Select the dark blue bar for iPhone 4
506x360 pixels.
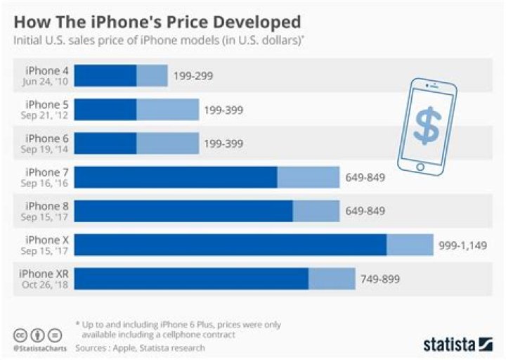pyautogui.click(x=105, y=76)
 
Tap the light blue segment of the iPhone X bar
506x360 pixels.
pyautogui.click(x=410, y=245)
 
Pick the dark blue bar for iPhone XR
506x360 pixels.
pyautogui.click(x=191, y=278)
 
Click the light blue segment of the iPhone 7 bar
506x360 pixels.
pyautogui.click(x=309, y=177)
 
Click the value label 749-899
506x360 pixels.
pyautogui.click(x=380, y=279)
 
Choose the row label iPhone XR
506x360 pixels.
pyautogui.click(x=43, y=274)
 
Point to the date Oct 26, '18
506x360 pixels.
pyautogui.click(x=45, y=285)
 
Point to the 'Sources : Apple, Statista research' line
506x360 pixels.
pyautogui.click(x=140, y=347)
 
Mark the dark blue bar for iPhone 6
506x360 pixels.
pyautogui.click(x=105, y=143)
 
